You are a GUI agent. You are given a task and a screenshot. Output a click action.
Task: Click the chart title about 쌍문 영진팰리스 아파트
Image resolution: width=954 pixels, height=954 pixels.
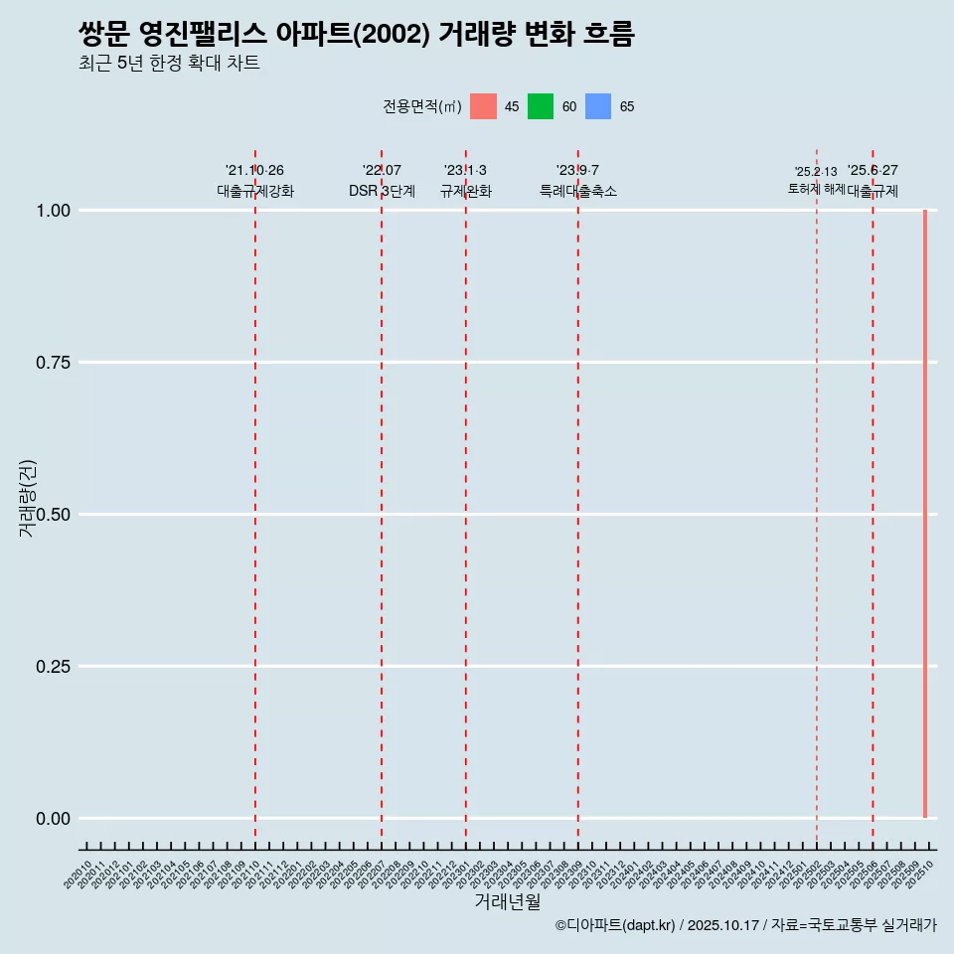click(x=356, y=34)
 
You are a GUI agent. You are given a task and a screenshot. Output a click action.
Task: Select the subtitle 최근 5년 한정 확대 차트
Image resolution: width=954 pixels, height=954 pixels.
click(x=169, y=64)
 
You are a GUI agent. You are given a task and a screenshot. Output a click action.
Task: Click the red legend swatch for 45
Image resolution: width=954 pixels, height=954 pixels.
click(x=483, y=106)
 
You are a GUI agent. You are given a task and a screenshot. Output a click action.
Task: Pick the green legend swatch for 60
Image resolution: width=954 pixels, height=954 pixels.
click(x=541, y=106)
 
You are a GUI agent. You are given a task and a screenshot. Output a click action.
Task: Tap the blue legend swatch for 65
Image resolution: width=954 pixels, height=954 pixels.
click(x=598, y=106)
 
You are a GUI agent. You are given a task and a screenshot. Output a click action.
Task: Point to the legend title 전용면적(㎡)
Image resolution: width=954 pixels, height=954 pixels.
click(x=422, y=106)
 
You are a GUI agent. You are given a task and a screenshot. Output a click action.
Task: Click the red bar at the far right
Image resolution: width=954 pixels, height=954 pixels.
click(x=925, y=514)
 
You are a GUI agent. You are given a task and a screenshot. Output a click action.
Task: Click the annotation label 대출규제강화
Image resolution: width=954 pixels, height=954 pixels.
click(x=255, y=191)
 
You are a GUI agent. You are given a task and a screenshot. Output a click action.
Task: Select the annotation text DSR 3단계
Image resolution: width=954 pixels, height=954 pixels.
click(x=382, y=191)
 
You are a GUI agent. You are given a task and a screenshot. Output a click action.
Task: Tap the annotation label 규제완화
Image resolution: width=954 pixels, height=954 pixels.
click(x=466, y=191)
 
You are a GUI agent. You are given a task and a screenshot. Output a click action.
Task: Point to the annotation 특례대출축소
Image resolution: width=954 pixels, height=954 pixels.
click(x=578, y=191)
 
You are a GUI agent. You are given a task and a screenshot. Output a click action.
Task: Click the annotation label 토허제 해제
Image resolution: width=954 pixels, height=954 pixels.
click(x=816, y=188)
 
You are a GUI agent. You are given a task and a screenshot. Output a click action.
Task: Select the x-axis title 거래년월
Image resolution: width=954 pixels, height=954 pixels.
click(x=508, y=902)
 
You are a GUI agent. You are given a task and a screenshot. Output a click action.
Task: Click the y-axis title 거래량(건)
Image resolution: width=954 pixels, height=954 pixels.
click(x=27, y=498)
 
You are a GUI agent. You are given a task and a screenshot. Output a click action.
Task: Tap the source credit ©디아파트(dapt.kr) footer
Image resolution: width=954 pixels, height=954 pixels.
click(x=745, y=925)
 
